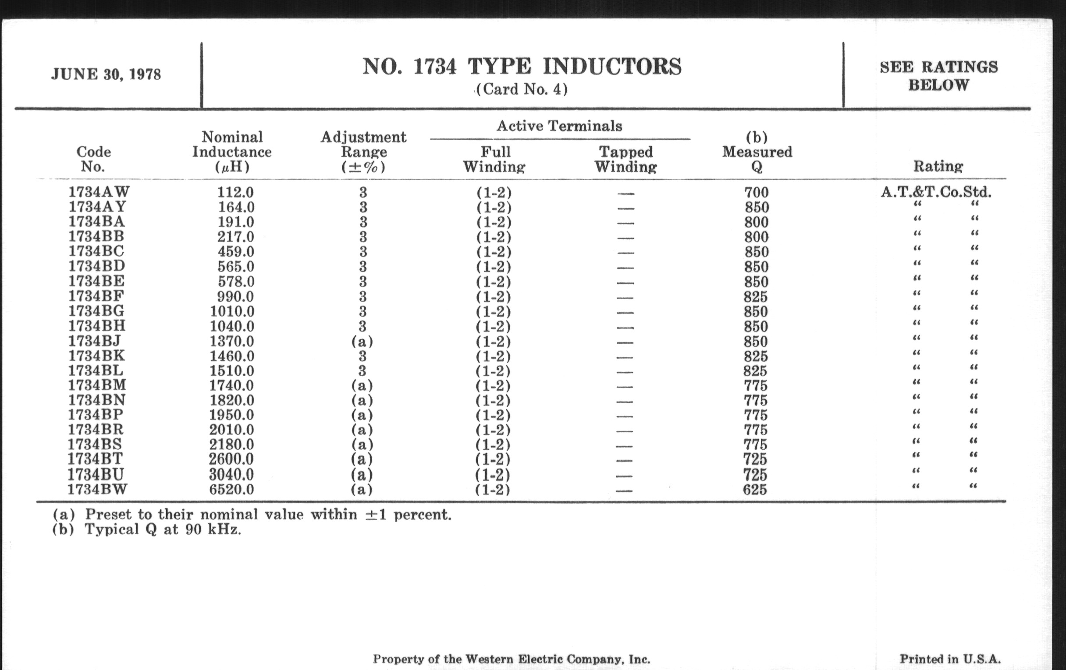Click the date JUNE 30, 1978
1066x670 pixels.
106,74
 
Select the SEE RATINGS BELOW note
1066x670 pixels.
938,76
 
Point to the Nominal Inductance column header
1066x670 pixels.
232,152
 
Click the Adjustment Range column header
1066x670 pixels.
363,152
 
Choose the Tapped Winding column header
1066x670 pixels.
625,159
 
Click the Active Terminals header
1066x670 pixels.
559,126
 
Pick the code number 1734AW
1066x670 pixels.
99,192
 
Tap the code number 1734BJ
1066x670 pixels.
94,341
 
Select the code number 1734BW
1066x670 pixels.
97,490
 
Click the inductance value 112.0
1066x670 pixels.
235,192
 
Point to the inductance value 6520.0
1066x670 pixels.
231,490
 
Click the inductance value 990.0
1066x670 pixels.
235,296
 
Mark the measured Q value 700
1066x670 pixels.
756,192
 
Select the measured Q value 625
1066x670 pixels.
755,490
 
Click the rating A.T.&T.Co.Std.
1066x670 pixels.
936,192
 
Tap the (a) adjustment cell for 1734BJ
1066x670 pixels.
362,342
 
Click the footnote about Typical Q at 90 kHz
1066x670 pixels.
147,529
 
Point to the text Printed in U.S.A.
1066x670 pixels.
950,659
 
